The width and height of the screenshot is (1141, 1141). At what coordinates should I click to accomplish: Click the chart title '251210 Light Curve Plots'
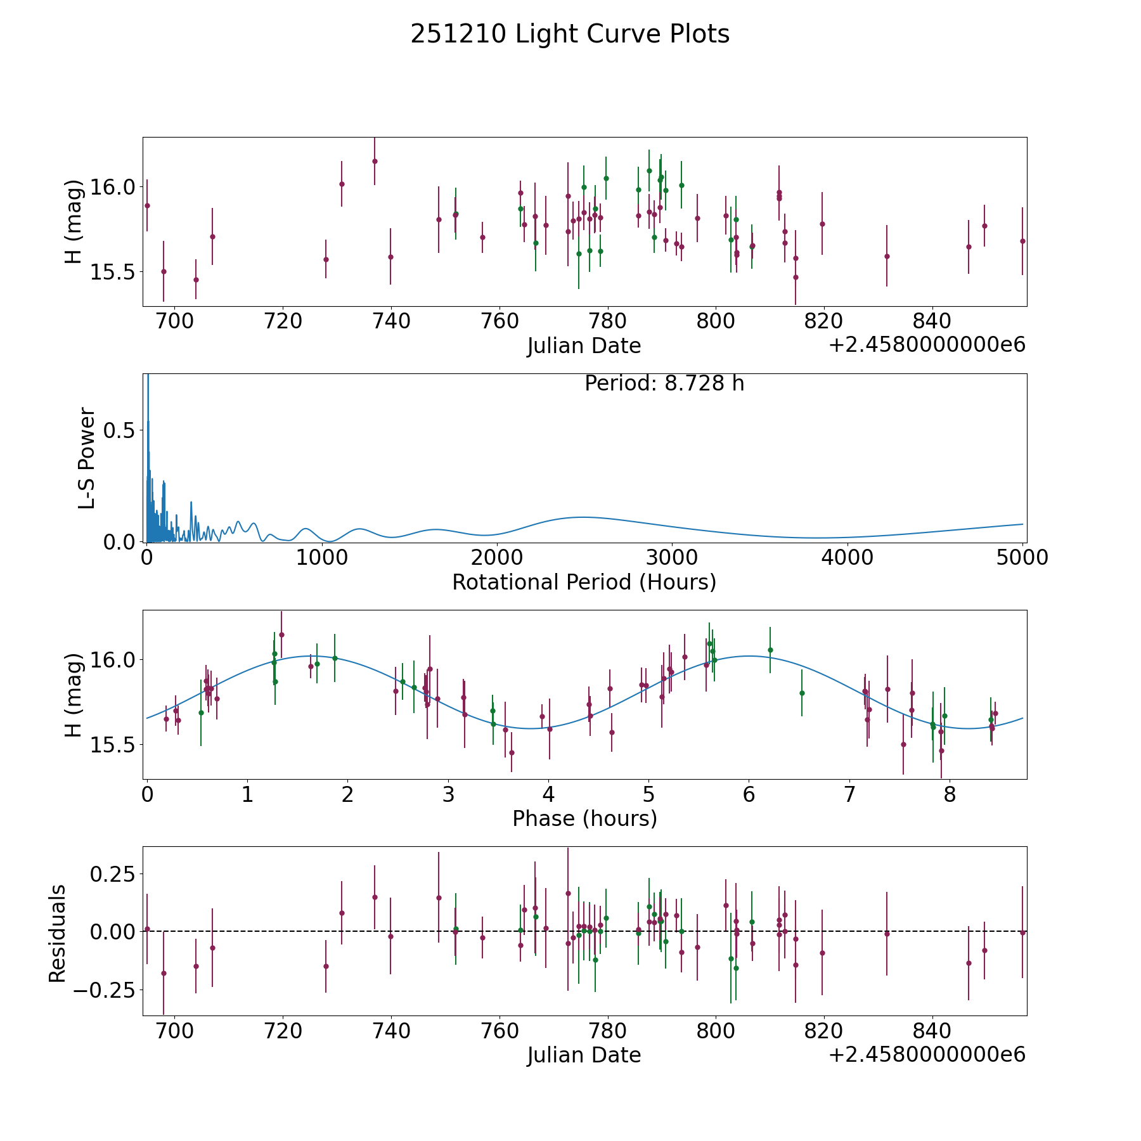[570, 34]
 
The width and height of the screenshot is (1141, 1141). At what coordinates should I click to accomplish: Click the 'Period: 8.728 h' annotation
[664, 384]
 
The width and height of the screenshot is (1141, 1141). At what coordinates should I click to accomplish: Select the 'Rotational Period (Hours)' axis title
[584, 582]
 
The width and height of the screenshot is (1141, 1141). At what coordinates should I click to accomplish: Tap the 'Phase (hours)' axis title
[584, 818]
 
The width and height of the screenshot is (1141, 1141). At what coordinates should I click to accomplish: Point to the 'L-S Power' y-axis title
[87, 458]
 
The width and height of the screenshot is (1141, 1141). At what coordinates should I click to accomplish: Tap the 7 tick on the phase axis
[849, 794]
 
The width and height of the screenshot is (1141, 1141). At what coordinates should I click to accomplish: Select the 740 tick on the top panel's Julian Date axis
[390, 321]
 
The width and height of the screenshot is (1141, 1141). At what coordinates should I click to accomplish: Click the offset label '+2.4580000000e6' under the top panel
[927, 345]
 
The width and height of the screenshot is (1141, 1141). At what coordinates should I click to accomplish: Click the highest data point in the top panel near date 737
[375, 161]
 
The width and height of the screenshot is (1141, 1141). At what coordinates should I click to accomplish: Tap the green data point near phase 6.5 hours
[802, 693]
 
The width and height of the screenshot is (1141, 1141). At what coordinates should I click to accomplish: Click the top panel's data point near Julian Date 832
[887, 256]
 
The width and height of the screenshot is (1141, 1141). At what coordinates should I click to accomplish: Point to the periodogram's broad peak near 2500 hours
[583, 517]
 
